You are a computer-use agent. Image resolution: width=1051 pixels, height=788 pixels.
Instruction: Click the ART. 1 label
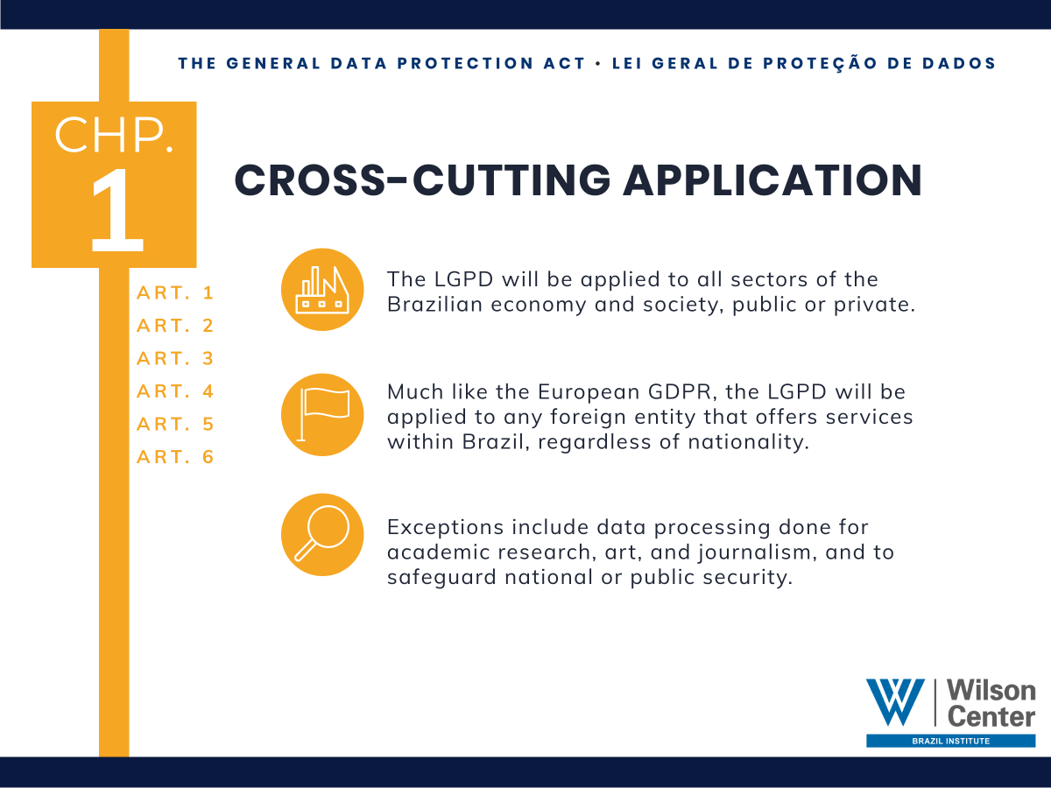point(175,293)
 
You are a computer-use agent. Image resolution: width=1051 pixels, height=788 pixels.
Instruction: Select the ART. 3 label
point(175,359)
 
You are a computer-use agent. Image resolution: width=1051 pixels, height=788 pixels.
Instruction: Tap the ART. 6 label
point(175,457)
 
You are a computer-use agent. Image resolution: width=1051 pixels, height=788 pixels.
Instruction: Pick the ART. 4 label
point(175,391)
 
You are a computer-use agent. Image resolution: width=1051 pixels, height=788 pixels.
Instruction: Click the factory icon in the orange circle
point(322,290)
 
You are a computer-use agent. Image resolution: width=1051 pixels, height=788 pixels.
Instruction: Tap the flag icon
point(322,414)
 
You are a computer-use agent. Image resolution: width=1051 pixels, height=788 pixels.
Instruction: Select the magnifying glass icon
point(322,534)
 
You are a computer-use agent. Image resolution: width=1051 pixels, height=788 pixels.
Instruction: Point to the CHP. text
point(114,136)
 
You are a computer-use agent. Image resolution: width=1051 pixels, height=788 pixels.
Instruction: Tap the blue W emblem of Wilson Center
point(895,702)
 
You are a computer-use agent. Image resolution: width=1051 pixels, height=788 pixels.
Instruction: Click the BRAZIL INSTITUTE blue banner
point(950,741)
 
